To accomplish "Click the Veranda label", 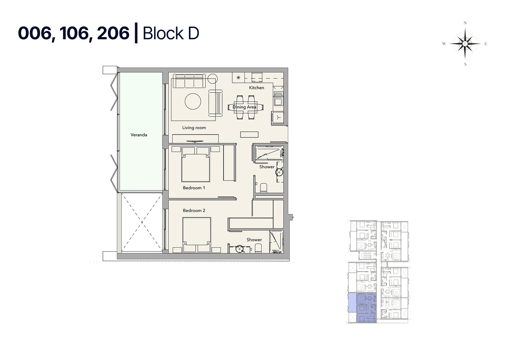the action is [x=139, y=135].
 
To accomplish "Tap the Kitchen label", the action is [x=256, y=88].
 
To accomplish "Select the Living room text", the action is [x=194, y=128].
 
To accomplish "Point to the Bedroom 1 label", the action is [x=194, y=188].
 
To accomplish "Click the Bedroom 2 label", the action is [x=194, y=211].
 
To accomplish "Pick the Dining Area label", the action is [x=244, y=107].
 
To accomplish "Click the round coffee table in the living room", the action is [x=193, y=101].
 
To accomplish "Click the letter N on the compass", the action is [x=465, y=23].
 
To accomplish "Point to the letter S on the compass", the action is [x=465, y=64].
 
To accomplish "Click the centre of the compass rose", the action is [x=465, y=43].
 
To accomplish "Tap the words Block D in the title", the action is [x=171, y=33].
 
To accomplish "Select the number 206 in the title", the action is [x=113, y=33].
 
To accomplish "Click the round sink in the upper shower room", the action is [x=279, y=172].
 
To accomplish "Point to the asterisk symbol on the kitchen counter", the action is [x=238, y=77].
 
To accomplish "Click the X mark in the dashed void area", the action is [x=142, y=222].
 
